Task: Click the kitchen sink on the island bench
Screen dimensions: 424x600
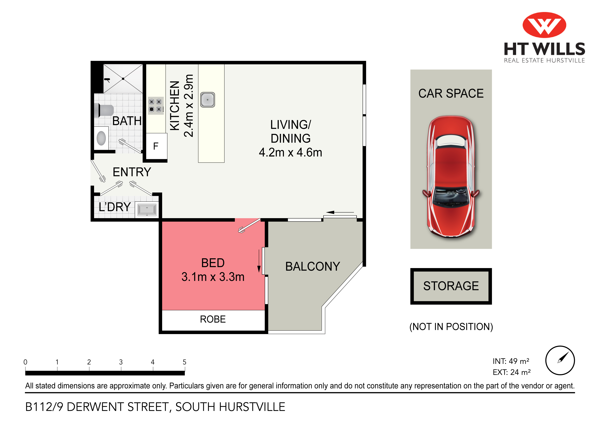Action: coord(207,100)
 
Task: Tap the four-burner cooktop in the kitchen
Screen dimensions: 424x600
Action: coord(155,105)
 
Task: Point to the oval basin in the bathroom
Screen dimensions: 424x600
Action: coord(101,138)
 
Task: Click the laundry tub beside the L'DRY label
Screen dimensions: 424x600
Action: coord(147,210)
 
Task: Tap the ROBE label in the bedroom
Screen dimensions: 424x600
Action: coord(213,319)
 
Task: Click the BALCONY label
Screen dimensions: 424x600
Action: coord(312,267)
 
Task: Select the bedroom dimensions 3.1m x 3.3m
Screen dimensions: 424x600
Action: coord(213,277)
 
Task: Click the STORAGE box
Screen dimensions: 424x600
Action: coord(451,286)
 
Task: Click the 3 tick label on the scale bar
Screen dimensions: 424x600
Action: coord(121,362)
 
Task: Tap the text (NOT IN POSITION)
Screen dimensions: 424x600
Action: coord(451,327)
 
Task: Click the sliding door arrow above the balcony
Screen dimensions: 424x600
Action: coord(340,212)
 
